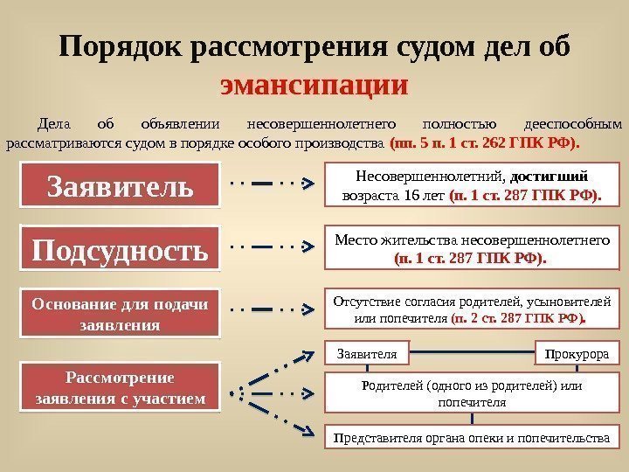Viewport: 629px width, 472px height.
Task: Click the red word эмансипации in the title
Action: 314,87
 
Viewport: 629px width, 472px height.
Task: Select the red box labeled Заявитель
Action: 120,185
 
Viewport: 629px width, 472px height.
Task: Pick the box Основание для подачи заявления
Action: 120,313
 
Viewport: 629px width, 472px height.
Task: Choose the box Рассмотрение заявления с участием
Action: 120,388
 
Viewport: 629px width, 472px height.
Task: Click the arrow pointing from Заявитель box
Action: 271,184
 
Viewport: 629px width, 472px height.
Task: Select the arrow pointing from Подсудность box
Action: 271,247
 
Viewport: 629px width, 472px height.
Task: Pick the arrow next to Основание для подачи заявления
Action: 271,309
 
